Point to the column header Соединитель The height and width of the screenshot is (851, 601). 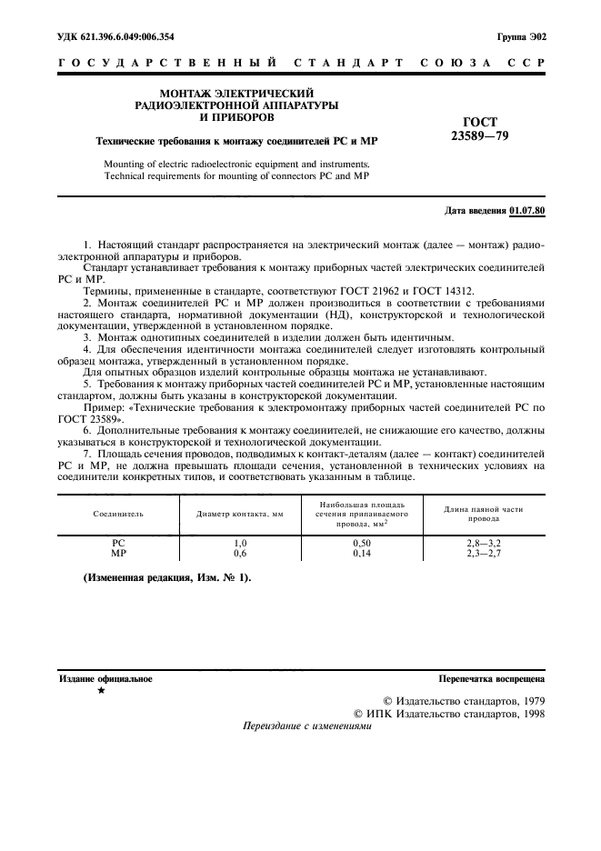pos(117,514)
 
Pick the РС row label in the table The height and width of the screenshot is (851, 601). pos(117,542)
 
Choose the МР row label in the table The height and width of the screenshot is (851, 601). pos(117,552)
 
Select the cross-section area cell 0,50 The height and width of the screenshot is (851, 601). pos(361,542)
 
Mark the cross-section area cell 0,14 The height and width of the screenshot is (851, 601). pos(361,552)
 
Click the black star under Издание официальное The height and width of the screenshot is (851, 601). pos(101,692)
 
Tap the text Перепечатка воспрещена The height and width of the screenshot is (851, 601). pos(491,679)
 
